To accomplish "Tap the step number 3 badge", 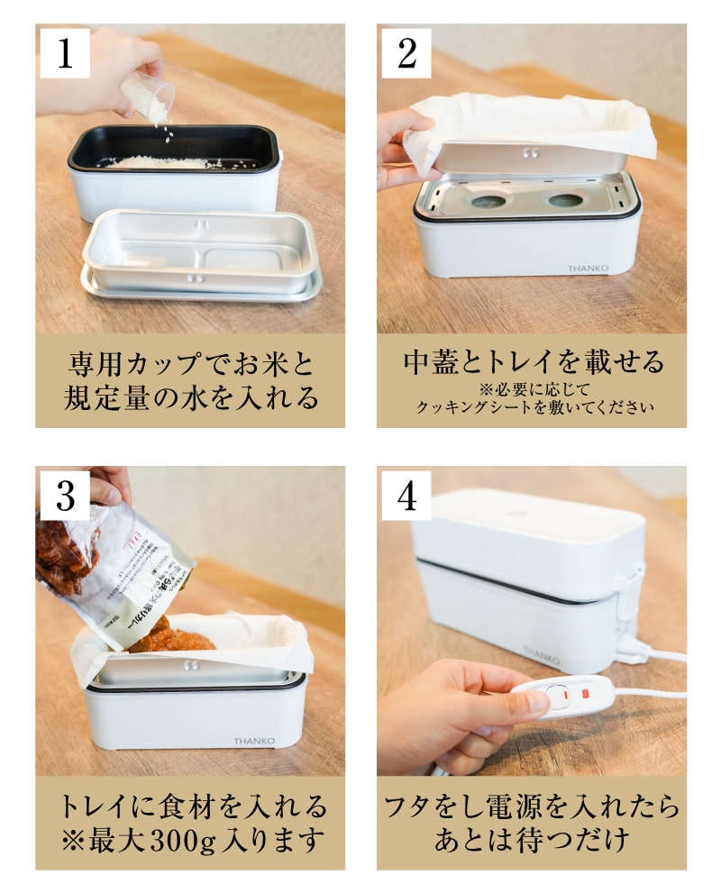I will [65, 495].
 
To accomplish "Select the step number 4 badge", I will [406, 495].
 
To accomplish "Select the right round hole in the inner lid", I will [567, 200].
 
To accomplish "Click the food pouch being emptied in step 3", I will [108, 568].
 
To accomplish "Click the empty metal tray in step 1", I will [200, 252].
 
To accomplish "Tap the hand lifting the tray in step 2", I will [397, 149].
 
